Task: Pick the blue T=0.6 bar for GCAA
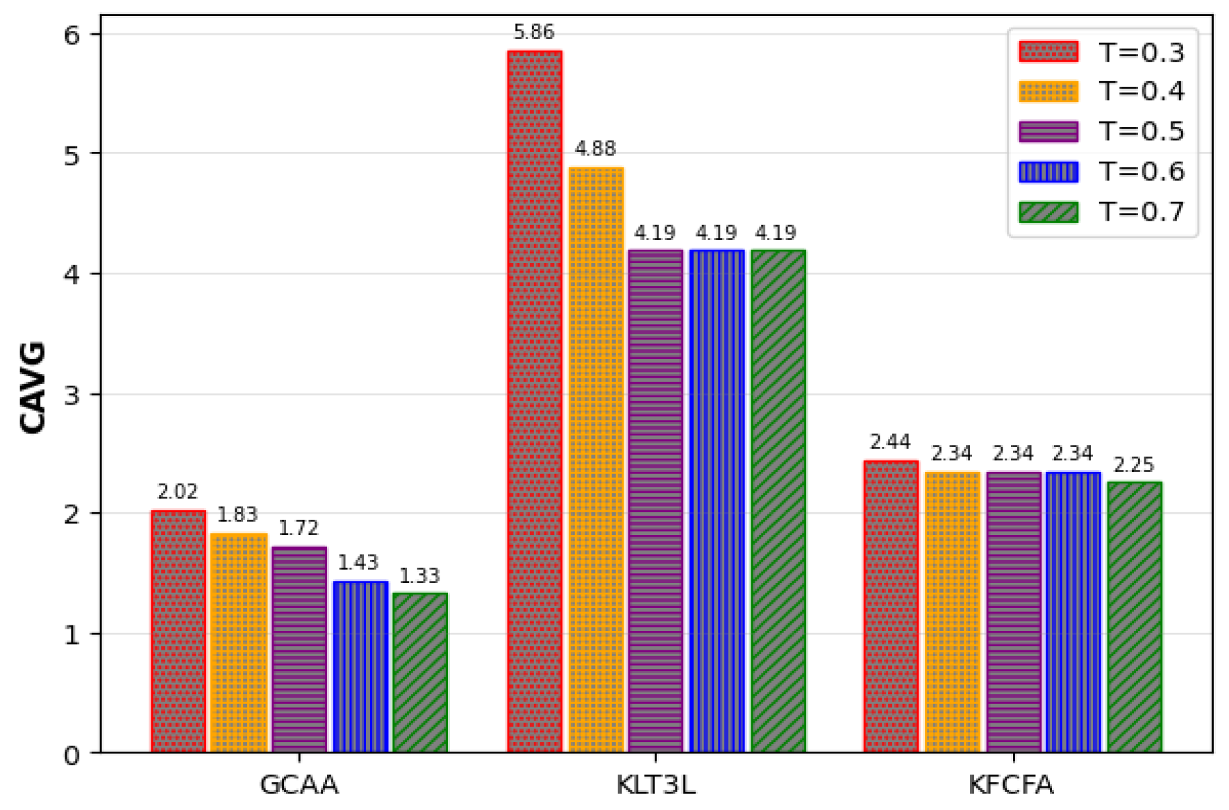pos(360,666)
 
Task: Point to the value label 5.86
pos(533,32)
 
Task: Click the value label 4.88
pos(595,149)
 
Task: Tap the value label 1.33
pos(419,576)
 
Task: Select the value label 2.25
pos(1133,465)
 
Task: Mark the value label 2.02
pos(177,492)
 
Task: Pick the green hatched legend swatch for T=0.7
pos(1048,212)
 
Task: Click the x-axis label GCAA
pos(299,785)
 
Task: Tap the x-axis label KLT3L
pos(655,785)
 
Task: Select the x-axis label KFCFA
pos(1011,785)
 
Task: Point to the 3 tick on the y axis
pos(72,395)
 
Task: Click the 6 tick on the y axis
pos(72,35)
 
